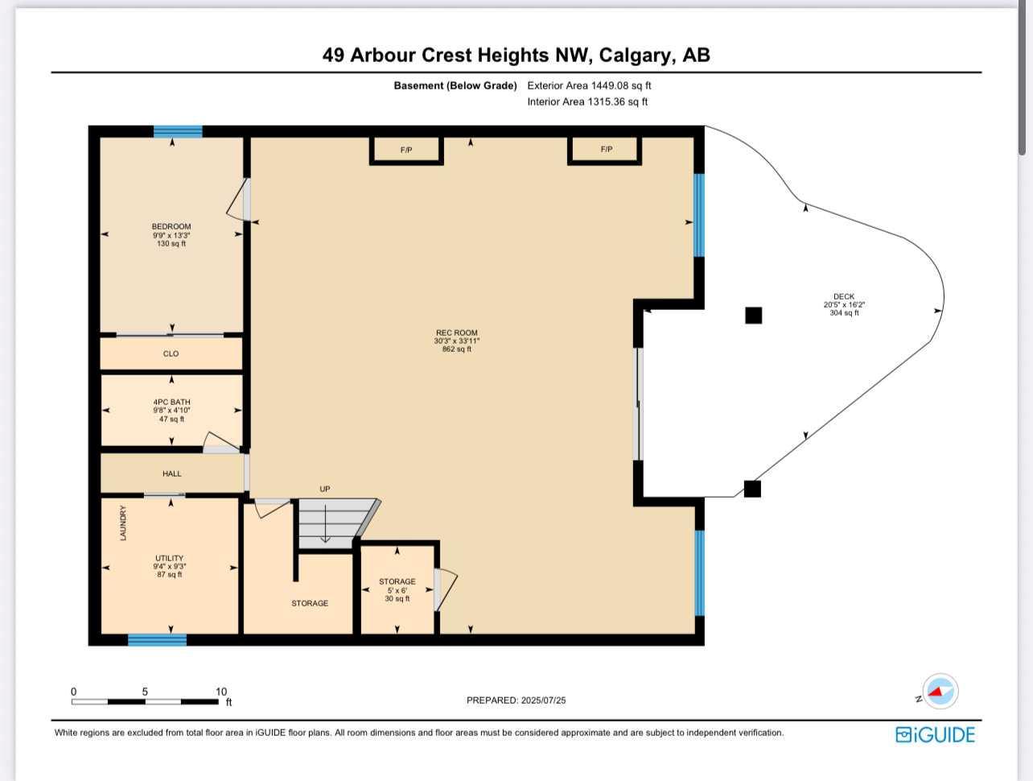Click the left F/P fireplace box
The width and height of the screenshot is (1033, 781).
click(x=406, y=150)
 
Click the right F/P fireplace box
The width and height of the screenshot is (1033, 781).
click(x=605, y=150)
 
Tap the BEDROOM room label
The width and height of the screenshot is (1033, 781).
click(x=171, y=227)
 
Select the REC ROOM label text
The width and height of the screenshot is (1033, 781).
click(x=456, y=333)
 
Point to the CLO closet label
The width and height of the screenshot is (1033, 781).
click(x=171, y=353)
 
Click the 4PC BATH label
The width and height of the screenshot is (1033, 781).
click(x=171, y=402)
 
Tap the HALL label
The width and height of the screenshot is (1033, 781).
click(x=171, y=473)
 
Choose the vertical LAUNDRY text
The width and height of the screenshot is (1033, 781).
click(x=123, y=523)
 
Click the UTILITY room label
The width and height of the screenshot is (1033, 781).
click(x=169, y=558)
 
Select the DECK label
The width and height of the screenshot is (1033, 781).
click(x=844, y=296)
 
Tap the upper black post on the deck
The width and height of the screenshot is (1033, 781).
click(x=753, y=315)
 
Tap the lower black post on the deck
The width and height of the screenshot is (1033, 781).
click(x=752, y=489)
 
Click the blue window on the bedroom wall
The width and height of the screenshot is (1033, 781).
click(x=178, y=131)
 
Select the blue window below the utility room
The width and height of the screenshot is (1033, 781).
click(x=157, y=640)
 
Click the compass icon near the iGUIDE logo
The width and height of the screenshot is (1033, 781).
click(x=939, y=691)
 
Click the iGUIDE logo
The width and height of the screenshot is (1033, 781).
click(x=935, y=734)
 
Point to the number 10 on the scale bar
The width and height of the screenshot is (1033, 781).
click(x=221, y=692)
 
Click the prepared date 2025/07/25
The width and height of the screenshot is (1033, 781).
click(x=543, y=700)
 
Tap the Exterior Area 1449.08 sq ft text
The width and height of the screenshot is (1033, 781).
click(x=589, y=85)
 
